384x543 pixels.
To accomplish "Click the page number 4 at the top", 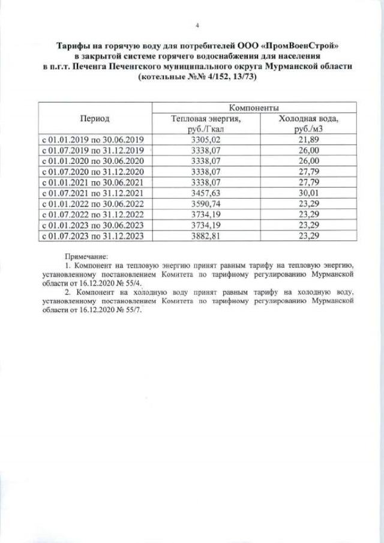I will click(x=197, y=25).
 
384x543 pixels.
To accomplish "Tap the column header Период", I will click(x=94, y=119).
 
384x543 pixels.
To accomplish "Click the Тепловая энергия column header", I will click(x=205, y=124).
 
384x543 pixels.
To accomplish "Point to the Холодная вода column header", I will click(x=308, y=124).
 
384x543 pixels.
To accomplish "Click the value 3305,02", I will click(x=205, y=140).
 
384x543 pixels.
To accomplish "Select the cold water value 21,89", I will click(x=308, y=140).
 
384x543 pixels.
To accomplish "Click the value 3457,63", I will click(x=205, y=193).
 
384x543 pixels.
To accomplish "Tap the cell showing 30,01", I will click(x=308, y=193).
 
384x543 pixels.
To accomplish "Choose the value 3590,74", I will click(x=205, y=203).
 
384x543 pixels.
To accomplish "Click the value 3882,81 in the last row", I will click(x=205, y=235).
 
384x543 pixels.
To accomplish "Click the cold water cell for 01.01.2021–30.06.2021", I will click(x=308, y=182).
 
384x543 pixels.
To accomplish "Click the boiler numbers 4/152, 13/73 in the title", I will click(x=213, y=79).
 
